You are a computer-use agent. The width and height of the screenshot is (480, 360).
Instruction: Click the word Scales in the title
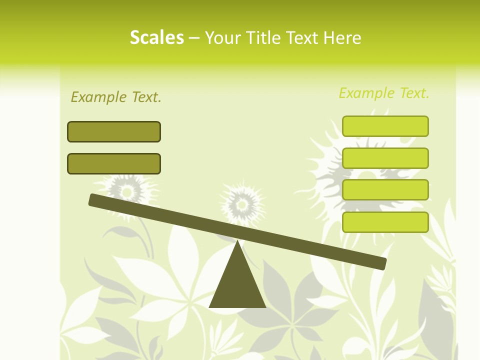point(156,37)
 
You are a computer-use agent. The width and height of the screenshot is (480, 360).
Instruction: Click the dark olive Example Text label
point(116,97)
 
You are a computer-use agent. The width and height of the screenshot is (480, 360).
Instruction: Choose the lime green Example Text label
point(384,93)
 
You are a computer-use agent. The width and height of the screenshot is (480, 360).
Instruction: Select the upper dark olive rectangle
point(114,131)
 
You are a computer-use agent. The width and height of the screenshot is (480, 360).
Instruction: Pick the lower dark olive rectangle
point(114,163)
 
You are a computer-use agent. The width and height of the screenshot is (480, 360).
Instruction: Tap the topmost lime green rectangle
point(385,126)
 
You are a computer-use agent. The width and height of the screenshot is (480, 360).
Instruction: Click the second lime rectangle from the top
point(385,158)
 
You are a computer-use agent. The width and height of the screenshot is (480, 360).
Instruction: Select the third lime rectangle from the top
point(385,190)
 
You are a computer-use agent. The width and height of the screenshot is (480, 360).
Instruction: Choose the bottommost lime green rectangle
point(385,222)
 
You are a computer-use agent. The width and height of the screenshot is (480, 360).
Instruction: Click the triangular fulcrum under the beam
point(237,285)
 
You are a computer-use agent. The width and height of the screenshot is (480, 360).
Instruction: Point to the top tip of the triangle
point(237,241)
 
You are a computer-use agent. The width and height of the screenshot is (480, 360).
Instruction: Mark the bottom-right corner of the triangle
point(265,306)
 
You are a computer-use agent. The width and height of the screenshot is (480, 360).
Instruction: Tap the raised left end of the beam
point(93,199)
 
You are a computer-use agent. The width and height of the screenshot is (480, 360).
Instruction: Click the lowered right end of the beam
point(382,263)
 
